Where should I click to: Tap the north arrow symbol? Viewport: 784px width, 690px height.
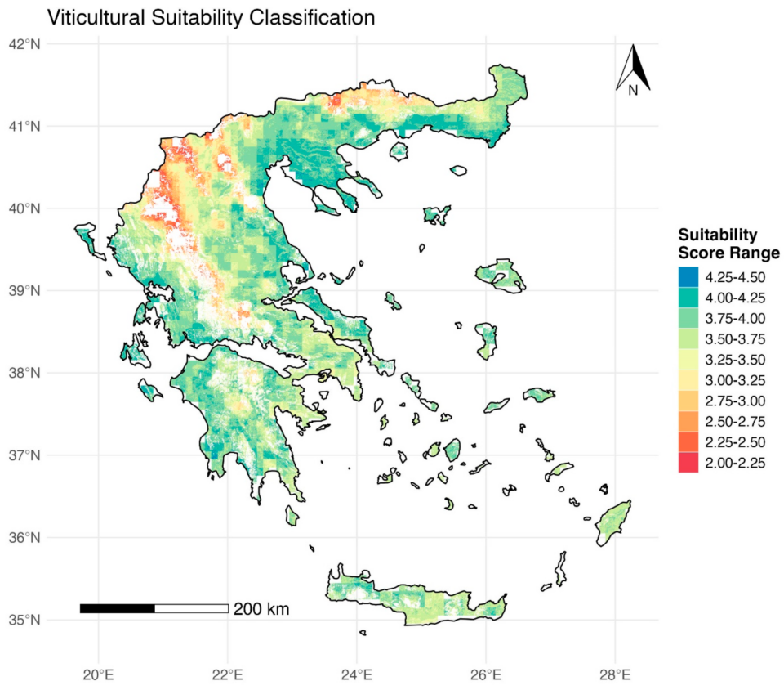633,67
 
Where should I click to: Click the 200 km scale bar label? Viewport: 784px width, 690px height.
261,609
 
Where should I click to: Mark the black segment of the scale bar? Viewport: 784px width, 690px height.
117,608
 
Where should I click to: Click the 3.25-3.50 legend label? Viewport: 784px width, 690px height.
733,359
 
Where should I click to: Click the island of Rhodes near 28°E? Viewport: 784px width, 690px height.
612,523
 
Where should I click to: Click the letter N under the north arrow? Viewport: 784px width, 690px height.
633,91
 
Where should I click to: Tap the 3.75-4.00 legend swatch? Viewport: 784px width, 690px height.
688,317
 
